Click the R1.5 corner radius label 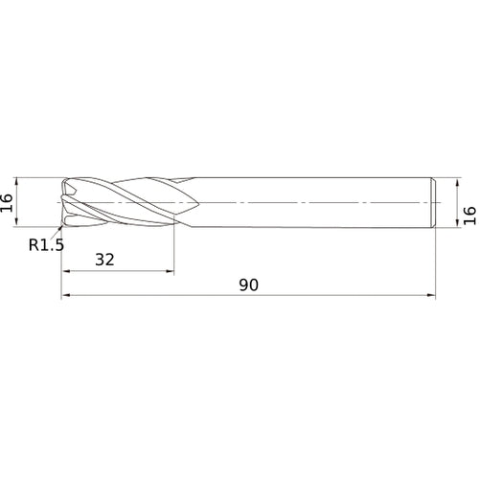point(45,244)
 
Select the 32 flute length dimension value point(106,259)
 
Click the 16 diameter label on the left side point(8,203)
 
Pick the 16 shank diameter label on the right point(468,213)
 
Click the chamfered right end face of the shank point(436,203)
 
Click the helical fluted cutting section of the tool point(125,203)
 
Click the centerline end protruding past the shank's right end point(445,203)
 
